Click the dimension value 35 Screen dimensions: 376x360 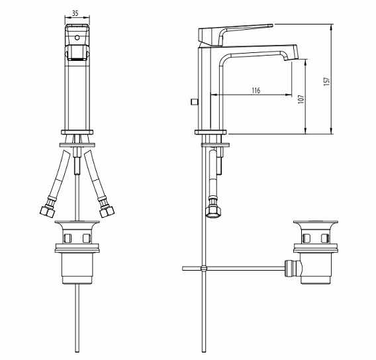click(x=75, y=13)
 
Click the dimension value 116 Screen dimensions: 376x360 click(x=256, y=91)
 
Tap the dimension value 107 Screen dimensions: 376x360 click(x=301, y=99)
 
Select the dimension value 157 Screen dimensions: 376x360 click(x=326, y=81)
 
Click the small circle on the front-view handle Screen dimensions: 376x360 click(x=77, y=38)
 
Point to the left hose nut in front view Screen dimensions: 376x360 click(x=48, y=211)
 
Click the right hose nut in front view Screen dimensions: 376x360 click(x=107, y=211)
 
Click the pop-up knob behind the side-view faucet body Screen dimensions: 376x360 click(x=194, y=103)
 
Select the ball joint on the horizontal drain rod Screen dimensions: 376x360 click(x=204, y=269)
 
